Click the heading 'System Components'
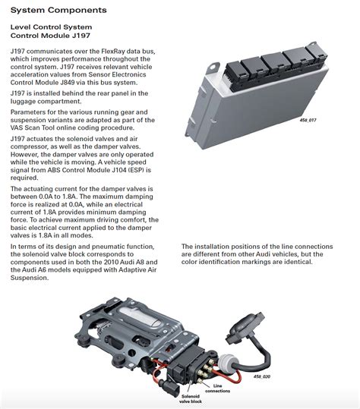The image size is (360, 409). [x=52, y=10]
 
